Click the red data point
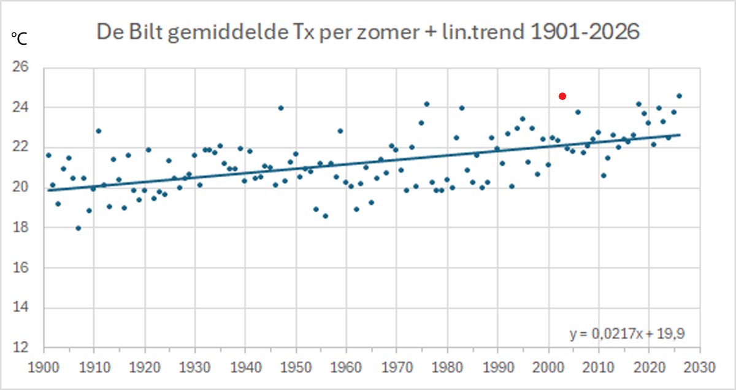(x=562, y=96)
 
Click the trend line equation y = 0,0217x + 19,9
(x=627, y=334)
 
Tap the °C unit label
(x=19, y=39)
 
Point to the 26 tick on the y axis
(x=21, y=67)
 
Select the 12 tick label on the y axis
(x=21, y=347)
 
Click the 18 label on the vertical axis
(x=21, y=227)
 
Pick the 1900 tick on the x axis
(x=44, y=367)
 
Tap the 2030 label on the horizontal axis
(x=700, y=367)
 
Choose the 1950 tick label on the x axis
(x=296, y=367)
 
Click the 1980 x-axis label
(x=447, y=367)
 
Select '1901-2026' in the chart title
(x=585, y=32)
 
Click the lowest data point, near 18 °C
(x=79, y=228)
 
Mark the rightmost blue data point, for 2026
(x=679, y=96)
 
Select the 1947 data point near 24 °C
(x=281, y=108)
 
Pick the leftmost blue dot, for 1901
(x=48, y=155)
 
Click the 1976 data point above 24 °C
(x=427, y=104)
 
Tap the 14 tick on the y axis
(x=21, y=307)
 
